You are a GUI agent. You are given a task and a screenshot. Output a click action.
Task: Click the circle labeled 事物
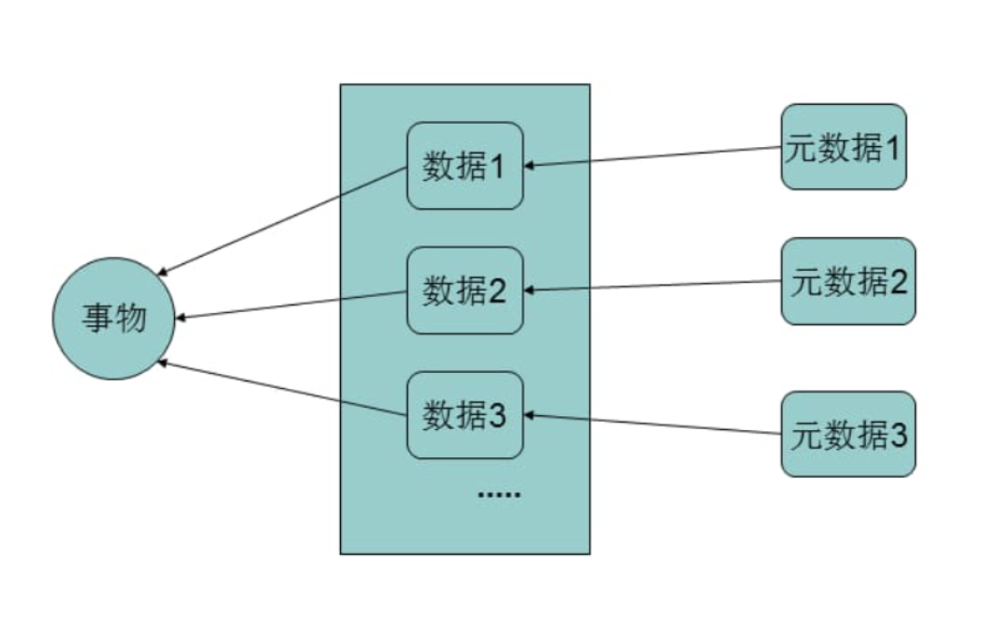coord(113,319)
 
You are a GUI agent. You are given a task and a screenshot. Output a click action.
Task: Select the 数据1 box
coord(464,166)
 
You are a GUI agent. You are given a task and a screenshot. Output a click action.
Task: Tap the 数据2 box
coord(464,291)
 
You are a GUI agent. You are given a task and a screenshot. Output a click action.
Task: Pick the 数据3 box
coord(464,415)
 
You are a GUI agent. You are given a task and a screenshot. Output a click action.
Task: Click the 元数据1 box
coord(844,147)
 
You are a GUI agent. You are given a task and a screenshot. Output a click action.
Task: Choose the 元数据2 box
coord(848,281)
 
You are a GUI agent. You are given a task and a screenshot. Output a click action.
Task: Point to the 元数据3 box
coord(848,434)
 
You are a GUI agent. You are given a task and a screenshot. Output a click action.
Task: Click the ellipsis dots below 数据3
coord(498,493)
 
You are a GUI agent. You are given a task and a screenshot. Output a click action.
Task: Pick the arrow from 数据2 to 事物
coord(291,306)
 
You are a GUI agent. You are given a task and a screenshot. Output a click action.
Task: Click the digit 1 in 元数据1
coord(892,148)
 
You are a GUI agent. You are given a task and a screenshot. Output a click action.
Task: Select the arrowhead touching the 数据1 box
coord(530,166)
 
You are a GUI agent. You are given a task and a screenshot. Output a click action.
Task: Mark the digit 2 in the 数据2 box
coord(497,291)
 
